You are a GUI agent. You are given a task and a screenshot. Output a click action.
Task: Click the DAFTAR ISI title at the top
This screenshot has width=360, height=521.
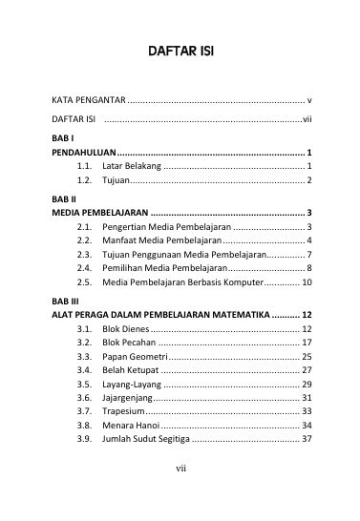coord(180,49)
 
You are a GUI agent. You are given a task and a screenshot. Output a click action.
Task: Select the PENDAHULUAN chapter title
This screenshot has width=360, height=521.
coord(84,153)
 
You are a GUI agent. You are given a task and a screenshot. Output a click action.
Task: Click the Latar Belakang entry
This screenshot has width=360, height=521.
coord(131,166)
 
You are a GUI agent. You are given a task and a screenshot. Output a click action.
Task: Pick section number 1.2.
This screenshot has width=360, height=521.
coord(84,179)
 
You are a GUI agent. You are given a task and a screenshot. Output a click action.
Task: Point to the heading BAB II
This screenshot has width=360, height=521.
coord(61,198)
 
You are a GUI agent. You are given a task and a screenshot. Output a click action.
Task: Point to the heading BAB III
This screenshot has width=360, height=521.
coord(63,301)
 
